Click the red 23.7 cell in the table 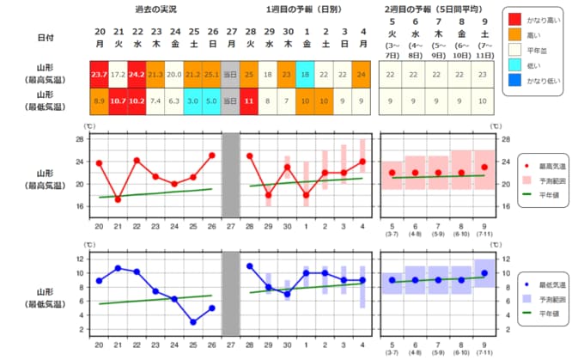coord(99,75)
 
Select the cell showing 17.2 coord(118,75)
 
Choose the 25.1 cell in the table coord(212,75)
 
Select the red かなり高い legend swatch coord(515,19)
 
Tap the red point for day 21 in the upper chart coord(118,199)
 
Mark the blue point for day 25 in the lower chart coord(193,322)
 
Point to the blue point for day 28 coord(250,266)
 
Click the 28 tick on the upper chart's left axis coord(79,138)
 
